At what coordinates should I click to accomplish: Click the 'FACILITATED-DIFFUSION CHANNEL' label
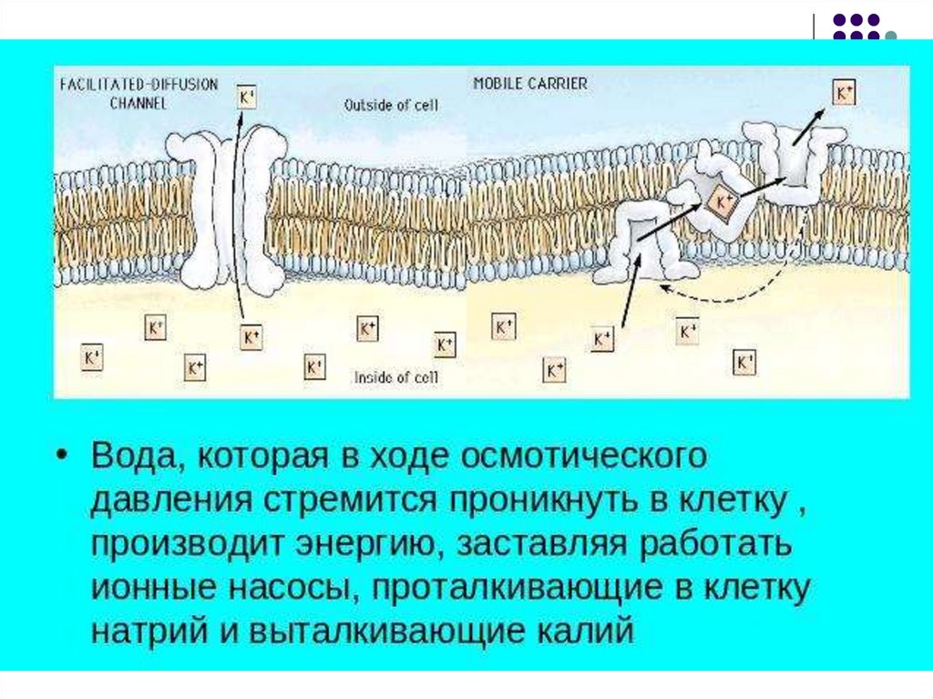click(x=138, y=92)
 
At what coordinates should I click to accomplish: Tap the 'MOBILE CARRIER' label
click(x=530, y=83)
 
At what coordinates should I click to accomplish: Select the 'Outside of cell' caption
click(x=391, y=105)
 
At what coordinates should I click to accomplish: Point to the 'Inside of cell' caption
click(x=395, y=376)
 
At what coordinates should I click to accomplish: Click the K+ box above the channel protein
click(x=247, y=97)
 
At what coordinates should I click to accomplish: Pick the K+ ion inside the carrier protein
click(x=722, y=201)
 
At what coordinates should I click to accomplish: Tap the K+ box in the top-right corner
click(x=843, y=92)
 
